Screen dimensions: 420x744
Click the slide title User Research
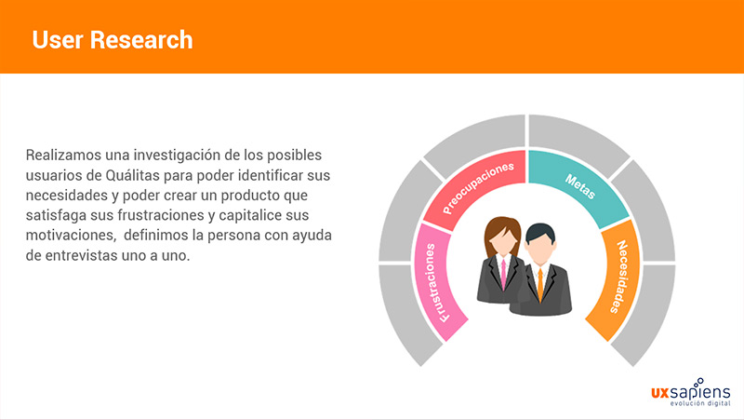(x=113, y=40)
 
